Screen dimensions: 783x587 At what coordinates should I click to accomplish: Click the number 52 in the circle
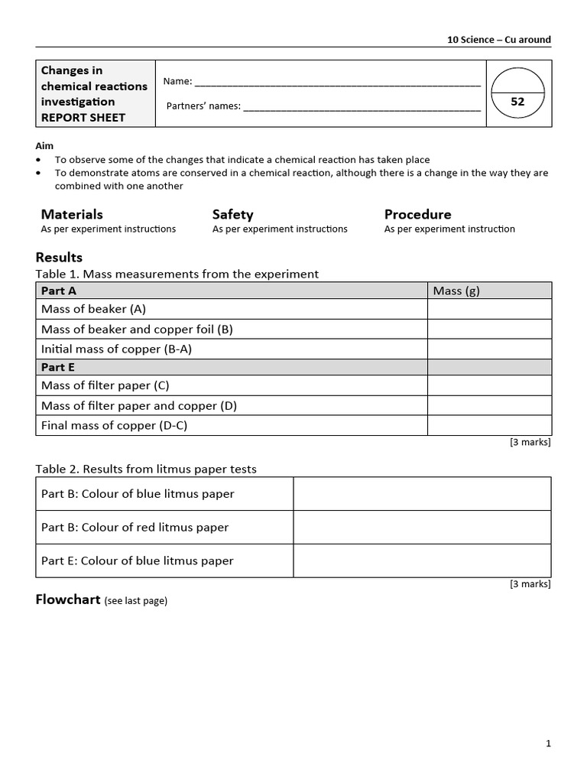(x=517, y=102)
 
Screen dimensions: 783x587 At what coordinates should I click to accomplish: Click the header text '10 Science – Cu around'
(x=499, y=40)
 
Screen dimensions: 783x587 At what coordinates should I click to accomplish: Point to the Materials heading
(x=72, y=214)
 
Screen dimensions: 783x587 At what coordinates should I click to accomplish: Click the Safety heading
(x=232, y=214)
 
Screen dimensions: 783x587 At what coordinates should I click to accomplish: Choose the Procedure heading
(x=417, y=214)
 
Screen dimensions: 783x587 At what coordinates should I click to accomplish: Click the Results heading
(x=59, y=258)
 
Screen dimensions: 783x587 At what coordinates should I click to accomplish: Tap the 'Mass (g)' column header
(x=456, y=291)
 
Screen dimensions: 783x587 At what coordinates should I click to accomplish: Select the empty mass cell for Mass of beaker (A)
(x=489, y=309)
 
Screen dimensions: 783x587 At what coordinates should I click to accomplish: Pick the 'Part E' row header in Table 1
(x=58, y=367)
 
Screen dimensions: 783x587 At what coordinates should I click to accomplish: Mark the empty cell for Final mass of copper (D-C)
(x=489, y=425)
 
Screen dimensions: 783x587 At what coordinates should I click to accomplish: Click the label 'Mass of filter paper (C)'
(x=105, y=385)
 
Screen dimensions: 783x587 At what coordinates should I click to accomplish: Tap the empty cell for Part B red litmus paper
(x=422, y=527)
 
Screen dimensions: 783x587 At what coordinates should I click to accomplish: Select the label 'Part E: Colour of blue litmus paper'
(x=138, y=560)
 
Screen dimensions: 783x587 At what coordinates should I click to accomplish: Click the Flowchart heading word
(x=68, y=599)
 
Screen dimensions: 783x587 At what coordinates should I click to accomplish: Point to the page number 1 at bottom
(x=548, y=743)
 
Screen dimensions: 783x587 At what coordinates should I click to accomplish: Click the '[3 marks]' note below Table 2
(x=530, y=584)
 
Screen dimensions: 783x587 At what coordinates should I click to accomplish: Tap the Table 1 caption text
(x=177, y=274)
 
